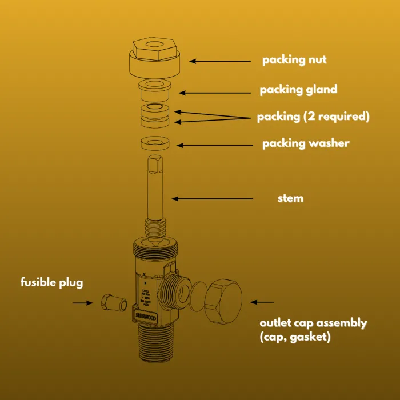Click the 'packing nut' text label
click(x=294, y=60)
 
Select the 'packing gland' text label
click(x=298, y=90)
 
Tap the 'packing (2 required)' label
click(x=313, y=117)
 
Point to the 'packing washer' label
click(x=305, y=143)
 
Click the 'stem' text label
click(x=290, y=199)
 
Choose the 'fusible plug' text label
click(x=52, y=282)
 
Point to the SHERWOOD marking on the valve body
click(x=146, y=315)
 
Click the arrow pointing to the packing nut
click(x=220, y=61)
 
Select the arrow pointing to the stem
click(x=212, y=199)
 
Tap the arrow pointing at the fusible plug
click(x=82, y=302)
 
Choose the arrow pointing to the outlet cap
click(x=263, y=302)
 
